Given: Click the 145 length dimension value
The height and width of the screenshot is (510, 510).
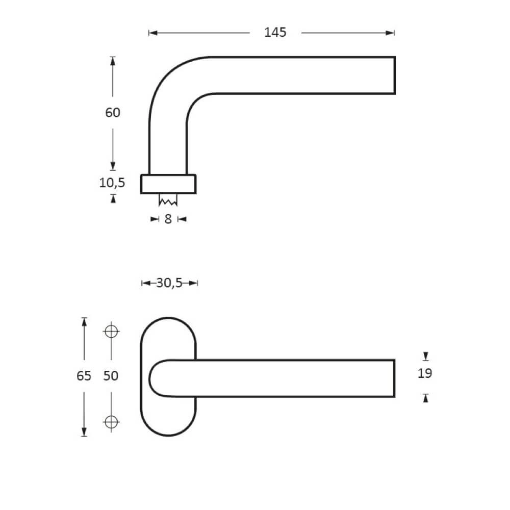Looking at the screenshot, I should coord(275,33).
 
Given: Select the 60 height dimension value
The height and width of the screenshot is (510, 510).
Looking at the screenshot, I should coord(113,112).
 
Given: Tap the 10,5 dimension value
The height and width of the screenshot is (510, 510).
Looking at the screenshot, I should coord(112,183).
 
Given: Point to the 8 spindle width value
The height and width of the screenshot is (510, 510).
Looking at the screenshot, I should coord(168,220).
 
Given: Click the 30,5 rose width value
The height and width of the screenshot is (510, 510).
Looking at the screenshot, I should coord(169,283).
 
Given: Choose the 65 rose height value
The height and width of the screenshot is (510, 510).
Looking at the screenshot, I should coord(84,376).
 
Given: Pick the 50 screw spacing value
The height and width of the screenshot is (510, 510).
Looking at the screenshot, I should coord(111,376).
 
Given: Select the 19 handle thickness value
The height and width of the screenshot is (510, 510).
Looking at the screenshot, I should coord(425,374).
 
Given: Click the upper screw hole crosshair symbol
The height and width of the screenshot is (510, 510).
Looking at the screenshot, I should coord(111,331).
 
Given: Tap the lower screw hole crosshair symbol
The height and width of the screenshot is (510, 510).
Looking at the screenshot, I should coord(111,421).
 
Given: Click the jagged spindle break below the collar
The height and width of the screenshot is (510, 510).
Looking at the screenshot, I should coord(168,201).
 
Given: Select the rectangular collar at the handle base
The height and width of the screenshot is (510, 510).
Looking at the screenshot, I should coord(168,184).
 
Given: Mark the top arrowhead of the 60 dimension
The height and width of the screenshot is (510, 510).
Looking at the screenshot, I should coord(113,61).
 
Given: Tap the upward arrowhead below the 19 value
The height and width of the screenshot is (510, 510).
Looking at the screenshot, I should coord(425,398).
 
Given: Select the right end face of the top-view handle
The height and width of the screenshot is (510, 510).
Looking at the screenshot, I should coord(395,75).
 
